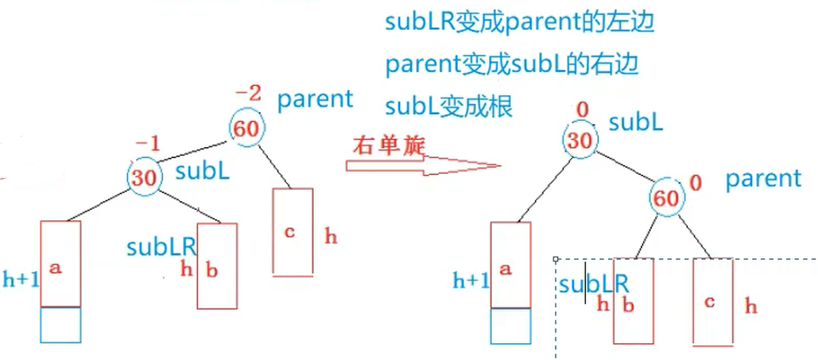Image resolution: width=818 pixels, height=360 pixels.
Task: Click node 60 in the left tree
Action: click(246, 129)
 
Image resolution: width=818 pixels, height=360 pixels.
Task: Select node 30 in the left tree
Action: click(143, 176)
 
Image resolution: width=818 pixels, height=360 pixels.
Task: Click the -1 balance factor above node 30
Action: click(148, 144)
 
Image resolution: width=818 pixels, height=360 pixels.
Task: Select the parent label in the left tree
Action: click(315, 99)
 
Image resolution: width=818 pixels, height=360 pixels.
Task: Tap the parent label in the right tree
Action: click(763, 178)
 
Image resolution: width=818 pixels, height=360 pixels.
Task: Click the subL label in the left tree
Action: click(203, 170)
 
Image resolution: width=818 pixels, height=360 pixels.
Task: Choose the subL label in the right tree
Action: click(636, 122)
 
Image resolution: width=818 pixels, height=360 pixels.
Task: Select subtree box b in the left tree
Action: click(217, 266)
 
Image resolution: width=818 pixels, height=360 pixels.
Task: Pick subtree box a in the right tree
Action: click(510, 264)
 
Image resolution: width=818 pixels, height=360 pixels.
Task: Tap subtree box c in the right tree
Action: click(713, 300)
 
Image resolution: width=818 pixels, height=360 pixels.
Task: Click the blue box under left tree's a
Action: click(60, 324)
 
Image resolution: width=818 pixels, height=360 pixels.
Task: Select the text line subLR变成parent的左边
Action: click(519, 22)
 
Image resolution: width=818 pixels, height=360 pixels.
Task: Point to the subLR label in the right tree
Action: click(593, 284)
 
